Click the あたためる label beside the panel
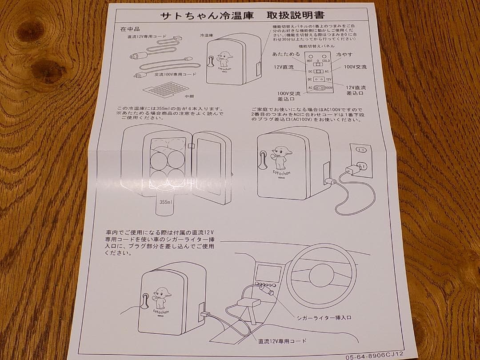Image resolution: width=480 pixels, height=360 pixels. pyautogui.click(x=286, y=54)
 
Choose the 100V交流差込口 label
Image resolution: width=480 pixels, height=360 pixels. pyautogui.click(x=289, y=96)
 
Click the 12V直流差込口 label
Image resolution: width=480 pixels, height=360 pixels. pyautogui.click(x=356, y=90)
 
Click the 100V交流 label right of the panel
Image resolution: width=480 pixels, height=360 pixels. pyautogui.click(x=355, y=67)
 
